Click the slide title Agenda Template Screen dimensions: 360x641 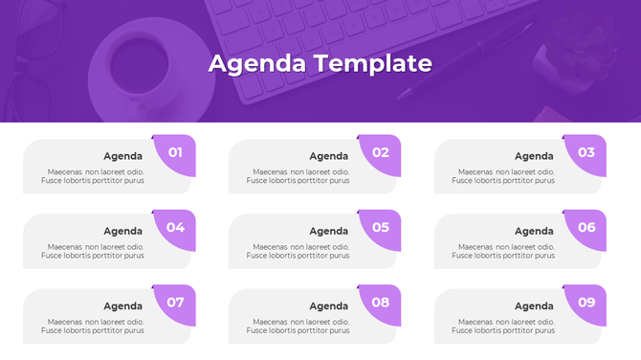coord(320,64)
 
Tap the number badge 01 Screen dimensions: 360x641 coord(175,152)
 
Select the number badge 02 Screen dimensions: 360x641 coord(381,152)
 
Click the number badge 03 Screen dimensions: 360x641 coord(586,152)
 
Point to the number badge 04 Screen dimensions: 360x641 coord(175,228)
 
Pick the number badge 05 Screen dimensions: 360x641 coord(381,228)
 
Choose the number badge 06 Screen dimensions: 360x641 coord(586,228)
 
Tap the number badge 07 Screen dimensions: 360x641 coord(175,303)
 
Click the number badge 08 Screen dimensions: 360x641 coord(381,303)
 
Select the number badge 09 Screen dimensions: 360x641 coord(586,303)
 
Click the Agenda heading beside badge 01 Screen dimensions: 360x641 coord(122,156)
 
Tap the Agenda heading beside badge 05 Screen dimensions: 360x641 coord(328,231)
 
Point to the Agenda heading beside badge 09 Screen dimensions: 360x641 coord(534,306)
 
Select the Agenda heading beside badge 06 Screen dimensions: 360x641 coord(534,231)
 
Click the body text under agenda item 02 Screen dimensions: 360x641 coord(298,176)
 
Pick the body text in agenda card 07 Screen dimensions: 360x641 coord(93,326)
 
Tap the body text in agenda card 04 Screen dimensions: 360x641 coord(93,252)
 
